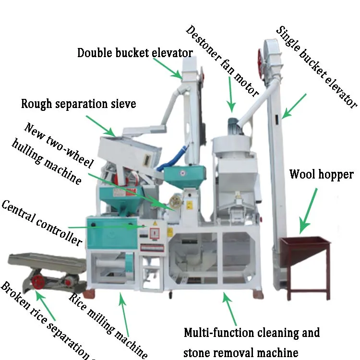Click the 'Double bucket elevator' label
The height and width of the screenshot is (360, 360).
click(x=135, y=53)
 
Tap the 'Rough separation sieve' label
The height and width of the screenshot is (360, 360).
click(x=79, y=104)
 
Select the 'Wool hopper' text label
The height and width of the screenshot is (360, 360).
click(x=321, y=174)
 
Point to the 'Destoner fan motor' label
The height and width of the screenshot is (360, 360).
click(x=222, y=60)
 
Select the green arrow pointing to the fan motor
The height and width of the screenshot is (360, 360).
click(x=230, y=93)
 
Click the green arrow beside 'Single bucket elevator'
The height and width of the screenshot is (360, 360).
click(x=294, y=106)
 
